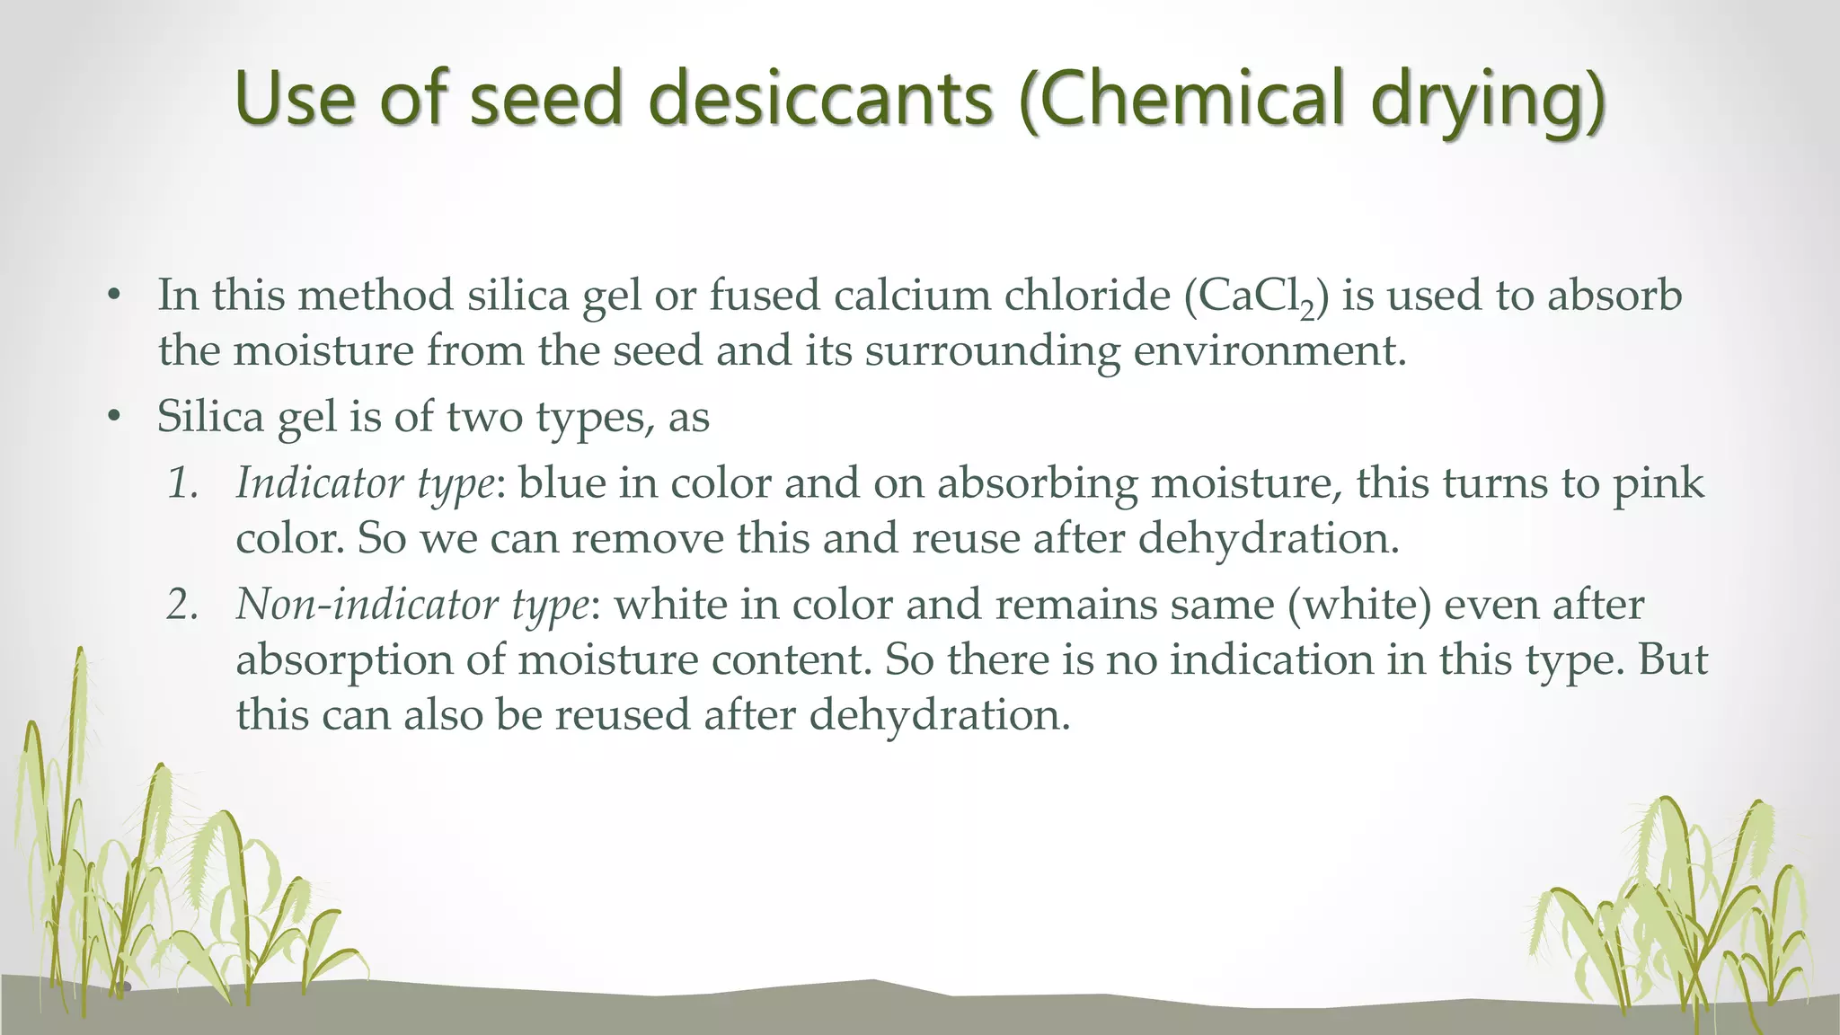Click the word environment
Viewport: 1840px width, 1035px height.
(1268, 349)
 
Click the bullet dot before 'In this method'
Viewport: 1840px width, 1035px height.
(113, 296)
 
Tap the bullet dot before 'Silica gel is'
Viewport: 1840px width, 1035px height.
(113, 416)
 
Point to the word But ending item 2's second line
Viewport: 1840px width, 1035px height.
(1672, 659)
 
